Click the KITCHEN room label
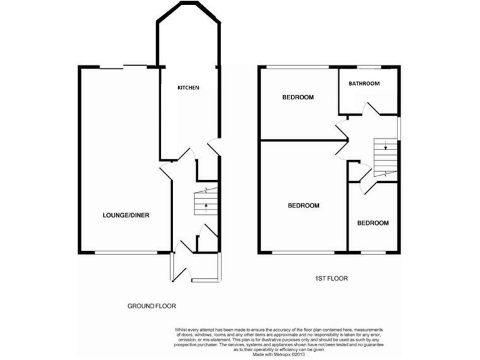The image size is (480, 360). click(188, 88)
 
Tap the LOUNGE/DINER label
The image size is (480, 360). click(126, 216)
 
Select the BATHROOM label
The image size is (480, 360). click(364, 83)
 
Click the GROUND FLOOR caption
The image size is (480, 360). click(152, 306)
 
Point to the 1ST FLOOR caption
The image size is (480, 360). click(332, 279)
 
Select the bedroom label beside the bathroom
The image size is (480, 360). click(297, 97)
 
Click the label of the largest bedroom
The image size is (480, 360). click(304, 206)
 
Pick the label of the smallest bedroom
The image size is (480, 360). click(372, 223)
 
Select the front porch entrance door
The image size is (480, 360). click(181, 271)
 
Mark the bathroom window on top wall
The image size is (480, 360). click(365, 67)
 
